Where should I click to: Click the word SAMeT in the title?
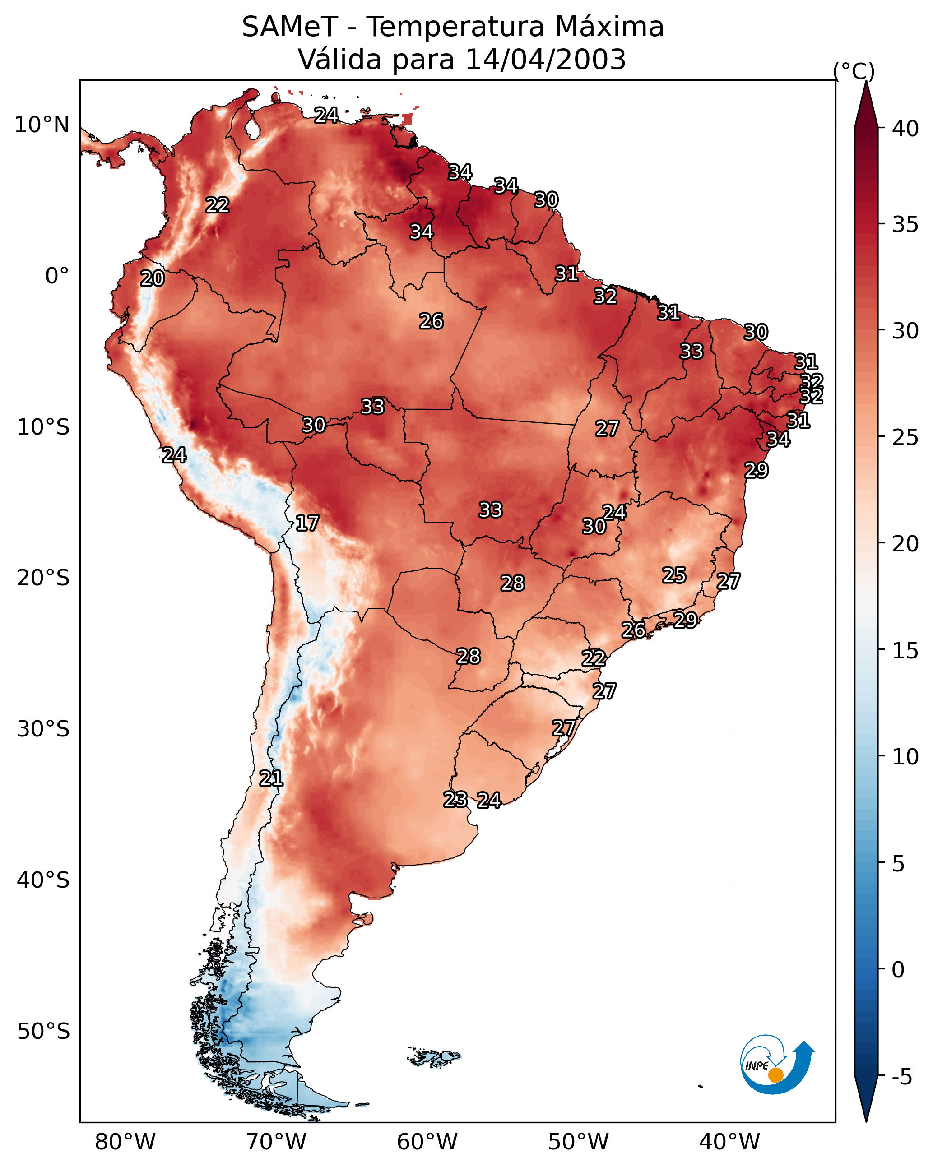[x=290, y=27]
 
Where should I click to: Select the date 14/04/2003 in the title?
[x=545, y=59]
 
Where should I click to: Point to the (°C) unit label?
[x=854, y=71]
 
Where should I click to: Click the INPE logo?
[x=776, y=1064]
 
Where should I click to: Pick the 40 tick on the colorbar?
[x=905, y=129]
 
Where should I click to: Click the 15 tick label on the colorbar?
[x=905, y=651]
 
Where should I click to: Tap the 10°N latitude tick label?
[x=42, y=125]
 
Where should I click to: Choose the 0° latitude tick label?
[x=57, y=276]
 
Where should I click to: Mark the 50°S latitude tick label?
[x=43, y=1032]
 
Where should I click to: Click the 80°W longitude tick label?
[x=125, y=1142]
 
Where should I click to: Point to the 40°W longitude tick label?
[x=729, y=1142]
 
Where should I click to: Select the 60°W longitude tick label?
[x=427, y=1142]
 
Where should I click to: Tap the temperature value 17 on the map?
[x=307, y=523]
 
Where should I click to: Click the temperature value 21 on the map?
[x=271, y=778]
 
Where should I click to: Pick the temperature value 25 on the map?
[x=674, y=575]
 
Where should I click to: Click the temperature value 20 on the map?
[x=152, y=278]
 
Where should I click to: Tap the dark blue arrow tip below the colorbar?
[x=866, y=1121]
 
